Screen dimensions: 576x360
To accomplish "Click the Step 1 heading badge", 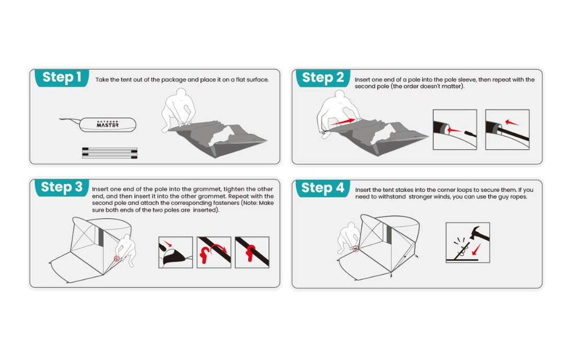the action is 62,78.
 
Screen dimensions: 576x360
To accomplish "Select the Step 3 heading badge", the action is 62,187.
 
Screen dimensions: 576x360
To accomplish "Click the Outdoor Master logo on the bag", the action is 107,124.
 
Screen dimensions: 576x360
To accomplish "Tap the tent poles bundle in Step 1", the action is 110,153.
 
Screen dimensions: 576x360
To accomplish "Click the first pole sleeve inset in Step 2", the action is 454,129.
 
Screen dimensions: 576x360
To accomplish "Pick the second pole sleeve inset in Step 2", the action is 507,129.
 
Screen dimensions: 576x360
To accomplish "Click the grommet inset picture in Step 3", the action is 175,253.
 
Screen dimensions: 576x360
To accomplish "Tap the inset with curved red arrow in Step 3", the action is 214,253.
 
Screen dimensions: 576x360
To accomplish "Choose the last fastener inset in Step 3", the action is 252,253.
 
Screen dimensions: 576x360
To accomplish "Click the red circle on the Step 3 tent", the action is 117,259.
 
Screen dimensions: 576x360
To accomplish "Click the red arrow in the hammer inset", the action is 476,249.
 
